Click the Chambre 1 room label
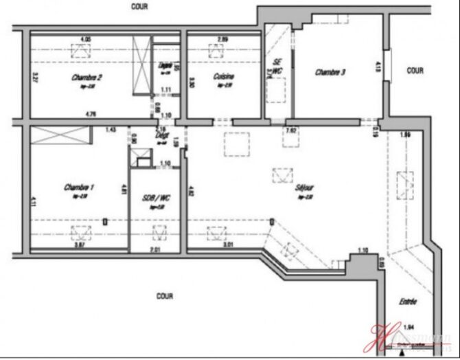[x=78, y=187]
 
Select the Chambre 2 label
[x=87, y=78]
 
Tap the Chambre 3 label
[x=330, y=72]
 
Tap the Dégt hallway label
[x=162, y=136]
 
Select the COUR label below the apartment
[x=164, y=296]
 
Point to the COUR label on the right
[x=415, y=70]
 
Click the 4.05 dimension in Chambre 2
[x=86, y=38]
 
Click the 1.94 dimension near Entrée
[x=409, y=327]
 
